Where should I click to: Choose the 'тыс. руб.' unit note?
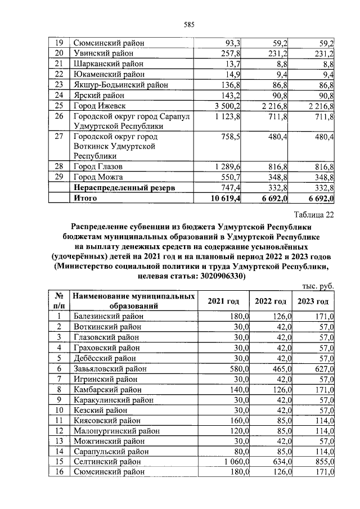pyautogui.click(x=318, y=286)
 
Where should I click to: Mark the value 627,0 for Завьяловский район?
pyautogui.click(x=322, y=368)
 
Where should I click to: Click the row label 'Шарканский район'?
pyautogui.click(x=103, y=64)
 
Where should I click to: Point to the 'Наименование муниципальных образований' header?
pyautogui.click(x=134, y=301)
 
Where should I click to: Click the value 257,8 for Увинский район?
pyautogui.click(x=232, y=53)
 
